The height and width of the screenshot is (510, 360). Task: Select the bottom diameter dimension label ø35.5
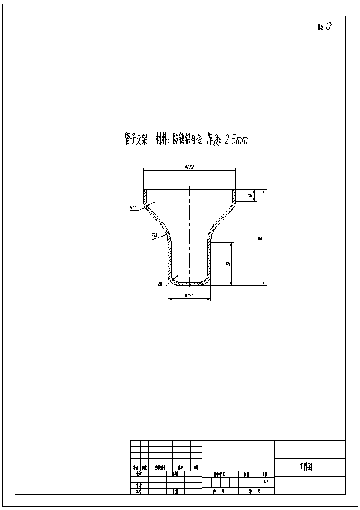click(x=188, y=296)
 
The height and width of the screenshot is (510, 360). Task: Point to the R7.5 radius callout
click(x=133, y=207)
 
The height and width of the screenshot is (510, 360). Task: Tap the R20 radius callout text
click(x=154, y=234)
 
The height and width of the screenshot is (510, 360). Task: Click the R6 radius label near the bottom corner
click(x=160, y=283)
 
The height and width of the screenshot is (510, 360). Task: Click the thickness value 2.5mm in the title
click(x=236, y=139)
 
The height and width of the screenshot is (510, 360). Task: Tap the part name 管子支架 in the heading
click(x=133, y=139)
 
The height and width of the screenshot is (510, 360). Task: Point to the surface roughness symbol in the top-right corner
click(x=328, y=27)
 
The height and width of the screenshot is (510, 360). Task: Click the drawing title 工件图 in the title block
click(x=305, y=467)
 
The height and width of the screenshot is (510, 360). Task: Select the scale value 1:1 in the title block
click(x=265, y=482)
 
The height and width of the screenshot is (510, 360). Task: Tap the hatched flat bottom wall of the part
click(x=189, y=284)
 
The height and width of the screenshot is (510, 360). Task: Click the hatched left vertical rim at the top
click(x=144, y=196)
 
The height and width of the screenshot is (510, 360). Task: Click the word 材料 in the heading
click(x=162, y=139)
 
